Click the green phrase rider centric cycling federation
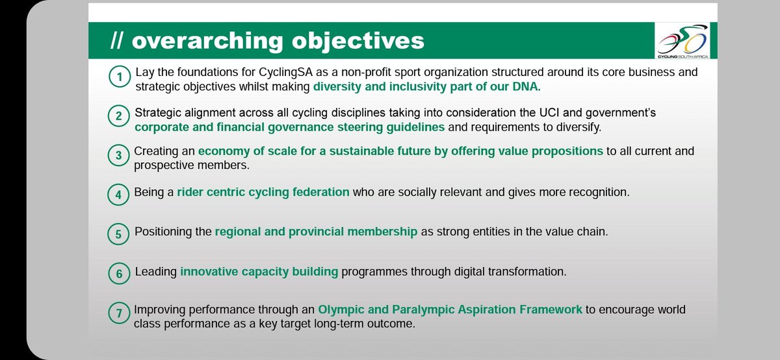(263, 192)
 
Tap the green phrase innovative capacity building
(259, 272)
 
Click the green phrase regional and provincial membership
(316, 232)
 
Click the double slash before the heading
(116, 40)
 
